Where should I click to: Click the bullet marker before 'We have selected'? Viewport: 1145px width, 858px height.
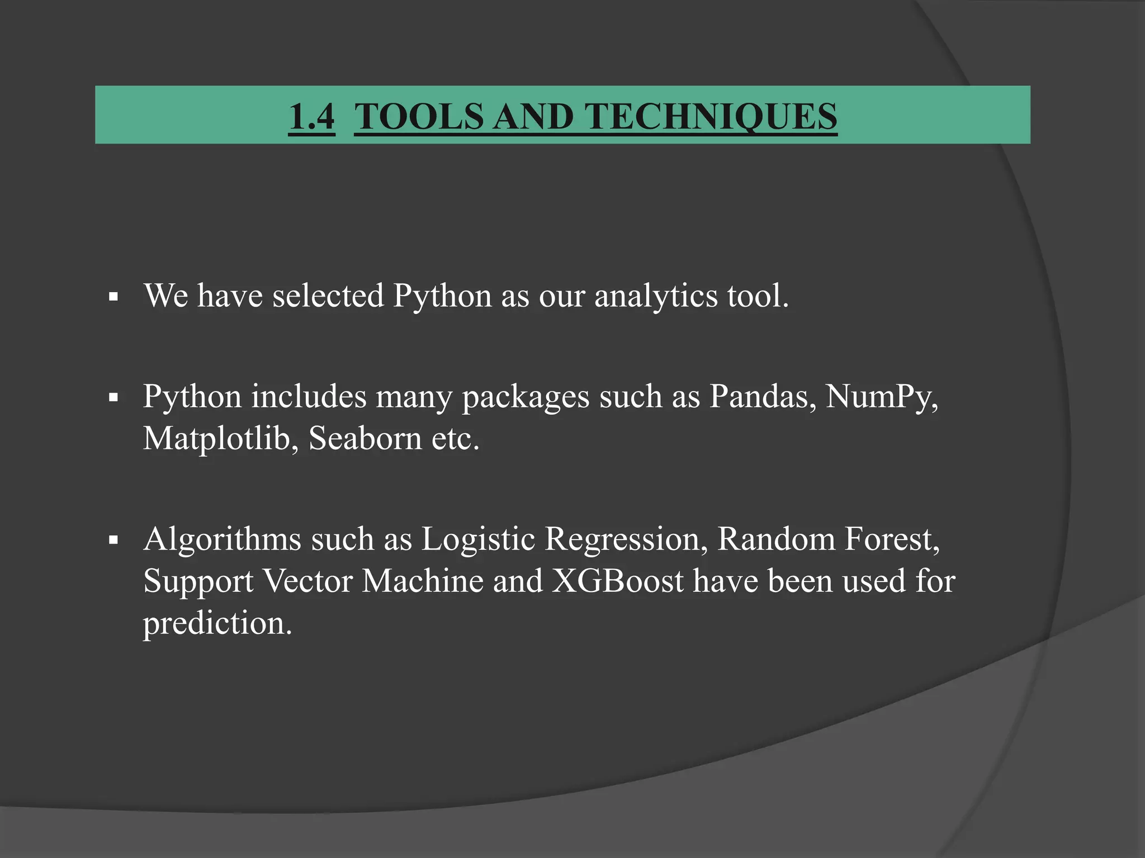[x=114, y=297]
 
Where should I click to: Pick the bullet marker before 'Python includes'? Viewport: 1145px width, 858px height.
[x=114, y=398]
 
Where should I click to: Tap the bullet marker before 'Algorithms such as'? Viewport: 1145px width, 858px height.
[x=114, y=540]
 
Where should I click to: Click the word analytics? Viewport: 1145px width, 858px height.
[x=656, y=295]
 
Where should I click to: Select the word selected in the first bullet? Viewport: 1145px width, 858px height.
[x=328, y=295]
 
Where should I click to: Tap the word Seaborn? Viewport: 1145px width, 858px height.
[x=365, y=438]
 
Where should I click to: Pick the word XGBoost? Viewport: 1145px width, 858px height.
[x=618, y=581]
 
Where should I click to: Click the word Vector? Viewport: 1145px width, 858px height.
[x=307, y=581]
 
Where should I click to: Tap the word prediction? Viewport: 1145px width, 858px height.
[x=217, y=623]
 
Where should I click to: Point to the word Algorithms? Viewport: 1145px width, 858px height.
[x=222, y=540]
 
